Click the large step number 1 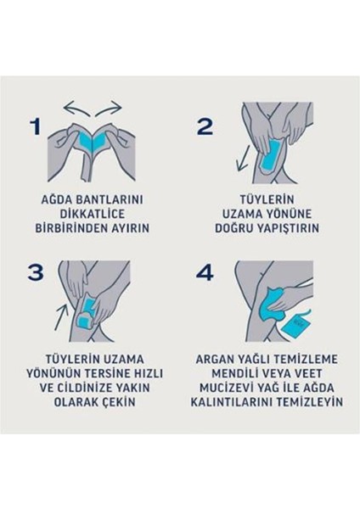36,127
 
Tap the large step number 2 205,127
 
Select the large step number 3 36,272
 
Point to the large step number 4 206,272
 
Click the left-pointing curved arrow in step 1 79,109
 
